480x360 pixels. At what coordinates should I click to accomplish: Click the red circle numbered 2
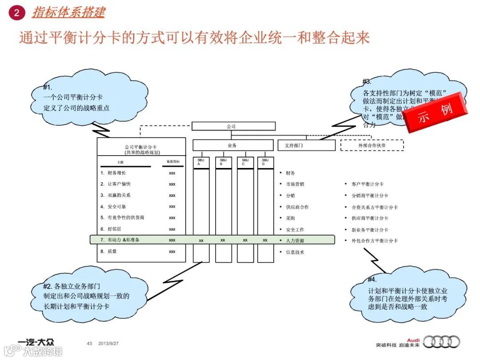pos(16,12)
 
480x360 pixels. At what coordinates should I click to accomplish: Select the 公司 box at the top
pos(231,126)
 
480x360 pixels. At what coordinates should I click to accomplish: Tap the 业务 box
pos(232,145)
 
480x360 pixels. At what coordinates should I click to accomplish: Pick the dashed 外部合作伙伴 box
pos(372,145)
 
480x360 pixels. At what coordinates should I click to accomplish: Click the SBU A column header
pos(201,162)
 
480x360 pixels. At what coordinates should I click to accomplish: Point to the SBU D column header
pos(265,162)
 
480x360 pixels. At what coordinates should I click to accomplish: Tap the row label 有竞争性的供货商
pos(126,218)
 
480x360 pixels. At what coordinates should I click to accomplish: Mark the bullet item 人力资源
pos(296,241)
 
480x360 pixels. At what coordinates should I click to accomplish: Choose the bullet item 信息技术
pos(295,252)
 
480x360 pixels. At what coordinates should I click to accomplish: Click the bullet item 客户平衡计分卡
pos(367,184)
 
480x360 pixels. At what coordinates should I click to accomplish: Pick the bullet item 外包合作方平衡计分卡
pos(374,241)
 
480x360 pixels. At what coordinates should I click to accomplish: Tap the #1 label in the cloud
pos(48,88)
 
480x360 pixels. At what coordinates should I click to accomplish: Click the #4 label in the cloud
pos(372,280)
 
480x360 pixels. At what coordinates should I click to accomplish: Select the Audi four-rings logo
pos(441,342)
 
